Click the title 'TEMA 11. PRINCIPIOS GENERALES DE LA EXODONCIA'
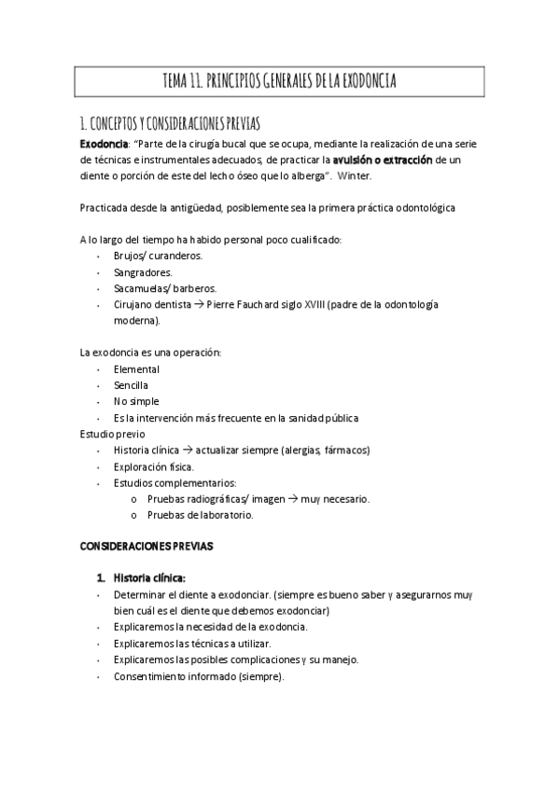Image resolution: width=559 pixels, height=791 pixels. [279, 83]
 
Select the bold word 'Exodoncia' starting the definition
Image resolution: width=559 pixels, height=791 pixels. [104, 144]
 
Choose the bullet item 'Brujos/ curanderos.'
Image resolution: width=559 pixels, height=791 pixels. [158, 256]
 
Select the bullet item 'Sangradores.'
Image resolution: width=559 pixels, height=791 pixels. [143, 272]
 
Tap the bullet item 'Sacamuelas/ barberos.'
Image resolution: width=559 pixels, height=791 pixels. [164, 288]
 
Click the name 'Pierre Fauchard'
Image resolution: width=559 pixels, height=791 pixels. [237, 305]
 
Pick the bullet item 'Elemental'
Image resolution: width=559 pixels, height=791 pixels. [136, 369]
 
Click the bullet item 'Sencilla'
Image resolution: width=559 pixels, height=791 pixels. [131, 385]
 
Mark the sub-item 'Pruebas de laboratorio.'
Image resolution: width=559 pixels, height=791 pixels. [201, 514]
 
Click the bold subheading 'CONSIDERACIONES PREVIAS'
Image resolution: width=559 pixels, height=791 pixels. [147, 547]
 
